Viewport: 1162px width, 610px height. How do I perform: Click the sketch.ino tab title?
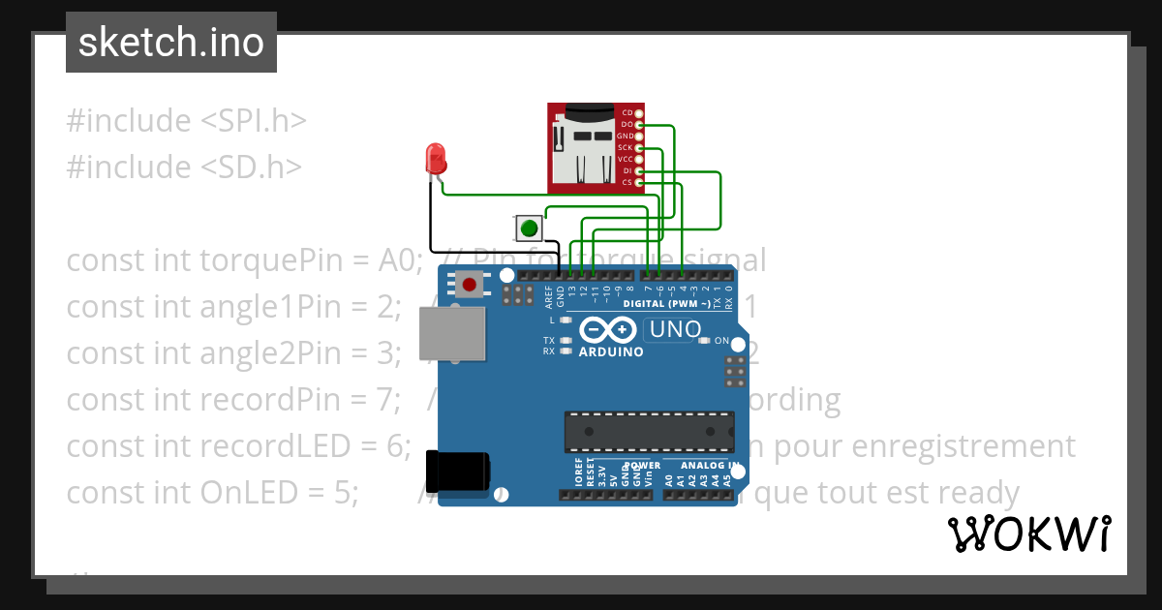click(x=170, y=43)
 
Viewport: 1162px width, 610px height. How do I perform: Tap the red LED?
click(x=436, y=158)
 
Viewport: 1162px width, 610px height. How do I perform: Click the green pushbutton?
click(x=529, y=229)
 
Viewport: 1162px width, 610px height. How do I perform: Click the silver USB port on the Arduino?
click(x=452, y=334)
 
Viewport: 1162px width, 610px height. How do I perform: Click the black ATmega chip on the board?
click(x=649, y=431)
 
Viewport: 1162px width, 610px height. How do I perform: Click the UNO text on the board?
click(x=675, y=329)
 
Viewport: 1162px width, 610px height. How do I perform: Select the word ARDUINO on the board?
click(x=611, y=352)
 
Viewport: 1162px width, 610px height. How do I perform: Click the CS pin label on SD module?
click(x=627, y=182)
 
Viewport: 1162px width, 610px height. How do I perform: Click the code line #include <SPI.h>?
click(x=186, y=121)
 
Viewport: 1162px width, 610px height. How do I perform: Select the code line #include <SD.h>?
click(x=184, y=168)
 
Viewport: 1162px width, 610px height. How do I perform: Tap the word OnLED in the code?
click(x=252, y=493)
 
